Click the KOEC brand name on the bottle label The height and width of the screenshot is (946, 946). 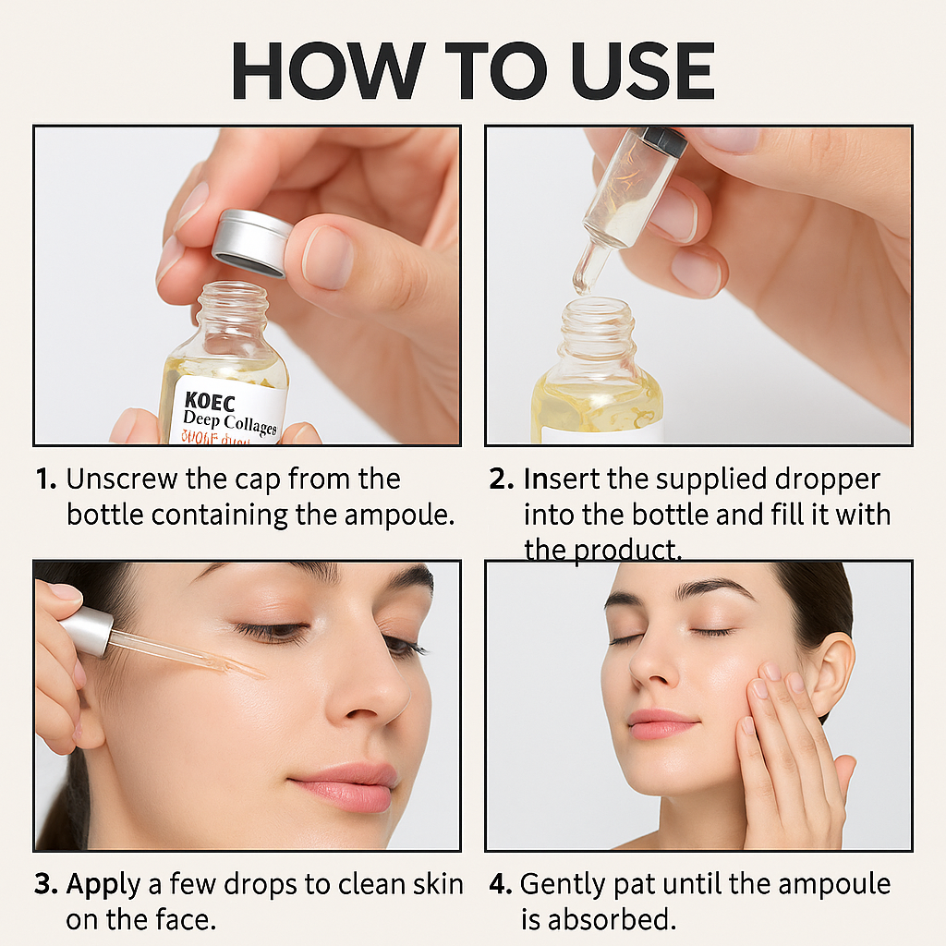pos(210,402)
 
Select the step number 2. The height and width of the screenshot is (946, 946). pos(501,479)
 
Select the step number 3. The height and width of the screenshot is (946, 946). pos(46,883)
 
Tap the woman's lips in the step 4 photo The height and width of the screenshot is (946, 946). pos(661,722)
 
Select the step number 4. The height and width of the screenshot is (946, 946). pos(500,883)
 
